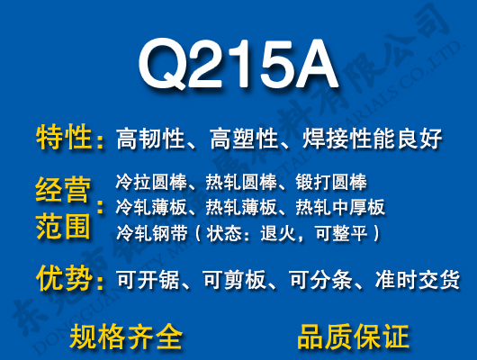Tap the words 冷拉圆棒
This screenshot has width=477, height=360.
coord(147,182)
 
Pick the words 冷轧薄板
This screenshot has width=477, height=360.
coord(147,208)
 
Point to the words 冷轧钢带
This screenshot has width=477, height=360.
coord(147,234)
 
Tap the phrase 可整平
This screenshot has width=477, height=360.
coord(336,234)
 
